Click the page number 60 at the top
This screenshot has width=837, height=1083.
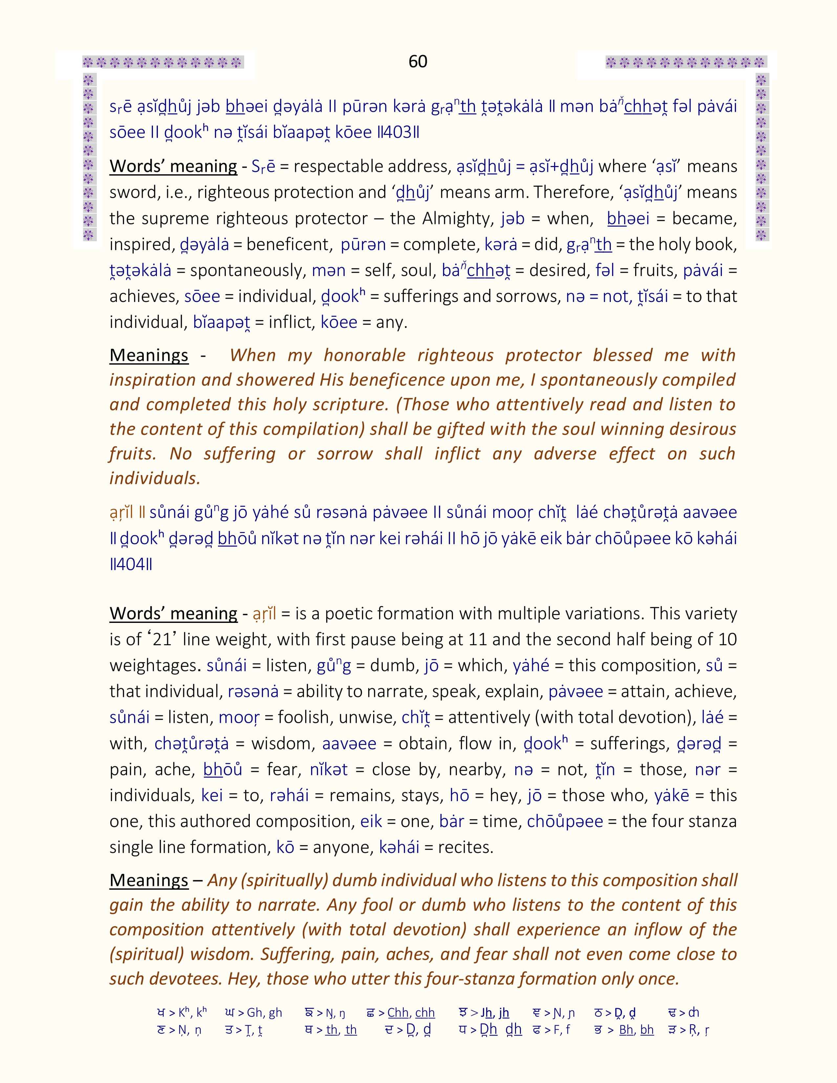[x=418, y=61]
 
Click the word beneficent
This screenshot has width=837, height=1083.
[x=288, y=244]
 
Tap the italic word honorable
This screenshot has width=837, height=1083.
[x=364, y=355]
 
